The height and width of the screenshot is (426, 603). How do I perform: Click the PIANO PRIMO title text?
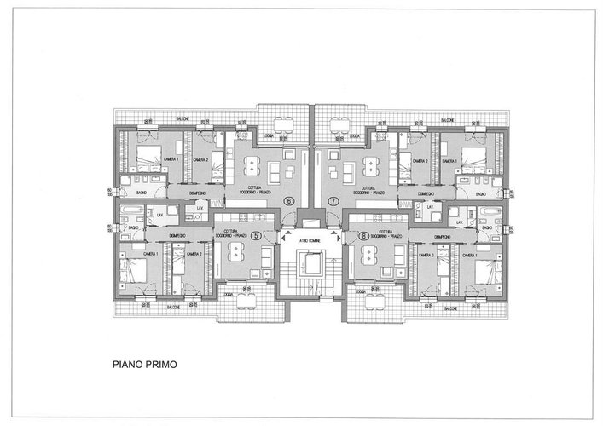(x=144, y=364)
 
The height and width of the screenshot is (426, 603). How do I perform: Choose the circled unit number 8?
(x=363, y=236)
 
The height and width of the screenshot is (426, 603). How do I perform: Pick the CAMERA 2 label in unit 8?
(x=426, y=255)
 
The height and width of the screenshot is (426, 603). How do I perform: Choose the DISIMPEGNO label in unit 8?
(x=442, y=236)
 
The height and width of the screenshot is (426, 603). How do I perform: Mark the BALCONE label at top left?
(x=182, y=118)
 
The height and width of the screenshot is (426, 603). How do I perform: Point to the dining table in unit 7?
(x=372, y=164)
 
